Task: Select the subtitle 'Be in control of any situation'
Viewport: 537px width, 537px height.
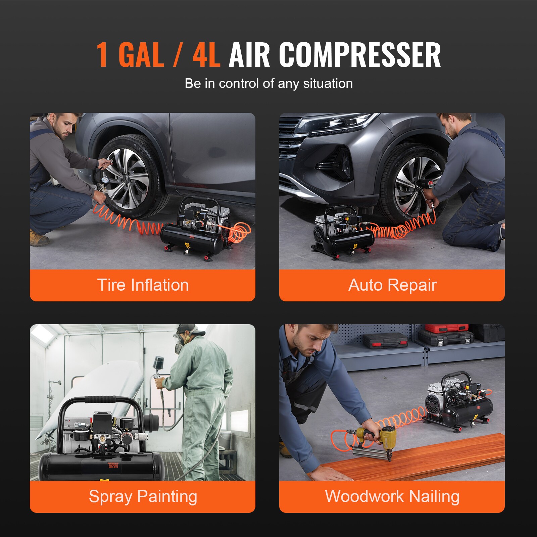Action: click(x=268, y=83)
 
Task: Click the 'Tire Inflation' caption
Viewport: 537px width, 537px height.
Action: click(x=143, y=285)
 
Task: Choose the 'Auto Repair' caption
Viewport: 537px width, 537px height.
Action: click(x=392, y=285)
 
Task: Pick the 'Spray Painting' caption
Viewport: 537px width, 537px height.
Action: click(x=143, y=496)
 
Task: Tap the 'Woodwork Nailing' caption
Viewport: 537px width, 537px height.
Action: click(x=392, y=496)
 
